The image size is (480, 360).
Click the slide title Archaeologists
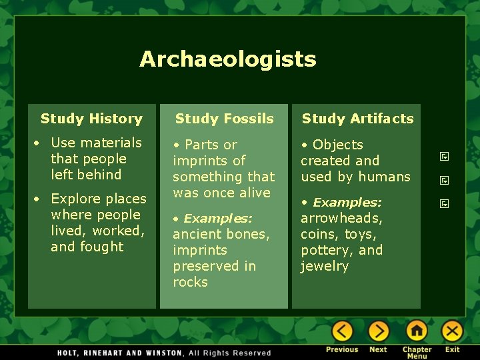(x=227, y=59)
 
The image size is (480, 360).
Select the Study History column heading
(x=91, y=119)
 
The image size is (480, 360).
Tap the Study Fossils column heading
(x=224, y=119)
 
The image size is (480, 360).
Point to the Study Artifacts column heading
(x=357, y=119)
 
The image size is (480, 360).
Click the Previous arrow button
(x=342, y=331)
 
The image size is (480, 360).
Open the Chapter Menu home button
(x=417, y=331)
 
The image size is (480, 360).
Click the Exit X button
(x=452, y=331)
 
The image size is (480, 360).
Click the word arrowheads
(x=341, y=219)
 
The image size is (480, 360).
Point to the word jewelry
(x=324, y=266)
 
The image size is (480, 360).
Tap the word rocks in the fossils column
(x=190, y=282)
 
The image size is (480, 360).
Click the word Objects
(x=337, y=145)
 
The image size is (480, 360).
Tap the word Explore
(x=73, y=199)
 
